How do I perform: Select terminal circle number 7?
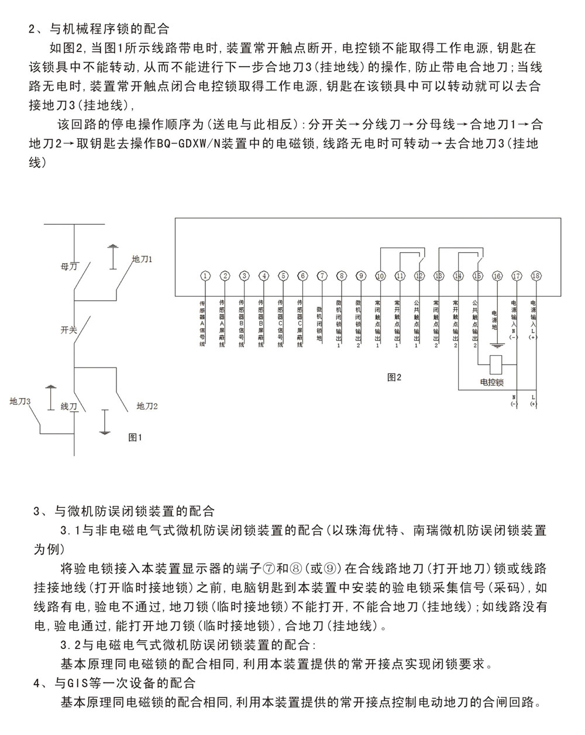[322, 276]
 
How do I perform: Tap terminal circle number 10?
[380, 276]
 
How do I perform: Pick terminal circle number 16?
[497, 276]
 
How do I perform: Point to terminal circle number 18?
[536, 276]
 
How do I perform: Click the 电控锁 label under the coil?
[491, 383]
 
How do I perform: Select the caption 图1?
[135, 437]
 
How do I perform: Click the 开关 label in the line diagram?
[69, 329]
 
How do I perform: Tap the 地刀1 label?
[142, 258]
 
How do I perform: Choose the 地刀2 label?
[147, 406]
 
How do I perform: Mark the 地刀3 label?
[20, 401]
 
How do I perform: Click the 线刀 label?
[69, 406]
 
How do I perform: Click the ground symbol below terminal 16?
[497, 347]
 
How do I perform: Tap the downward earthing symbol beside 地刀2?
[104, 423]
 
